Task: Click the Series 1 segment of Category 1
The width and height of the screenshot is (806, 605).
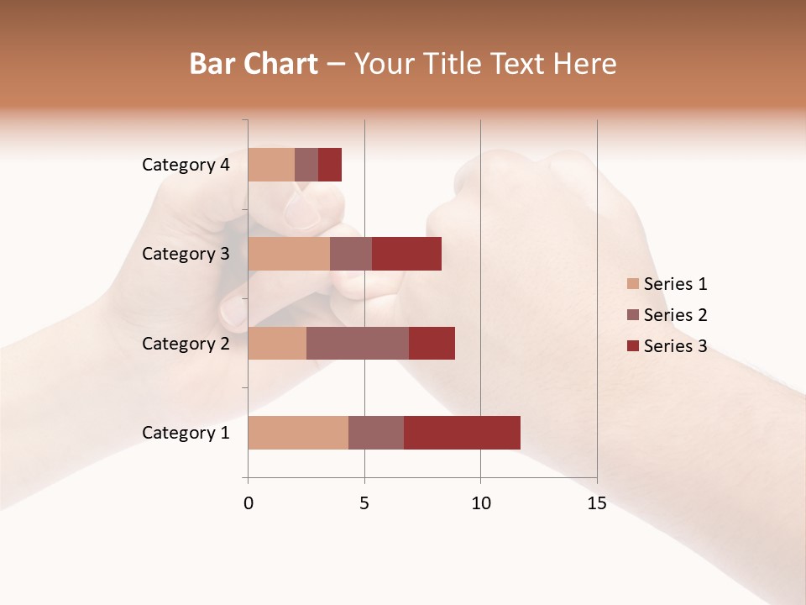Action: coord(298,433)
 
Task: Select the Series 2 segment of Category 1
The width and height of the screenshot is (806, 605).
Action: coord(376,433)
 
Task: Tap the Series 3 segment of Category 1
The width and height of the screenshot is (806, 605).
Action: coord(462,433)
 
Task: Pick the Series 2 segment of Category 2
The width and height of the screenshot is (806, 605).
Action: coord(358,343)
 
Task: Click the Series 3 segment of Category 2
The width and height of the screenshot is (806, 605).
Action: coord(432,343)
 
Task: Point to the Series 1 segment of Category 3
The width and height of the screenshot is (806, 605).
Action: coord(289,254)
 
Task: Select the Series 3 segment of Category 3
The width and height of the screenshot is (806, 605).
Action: coord(406,254)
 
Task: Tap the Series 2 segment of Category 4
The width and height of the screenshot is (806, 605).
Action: coord(306,165)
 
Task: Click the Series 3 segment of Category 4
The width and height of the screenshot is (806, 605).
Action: coord(330,165)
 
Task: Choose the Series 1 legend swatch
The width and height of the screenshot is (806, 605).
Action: coord(632,284)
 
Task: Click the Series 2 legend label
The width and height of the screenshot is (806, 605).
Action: coord(675,315)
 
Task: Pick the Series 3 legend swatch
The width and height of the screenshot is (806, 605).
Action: coord(632,346)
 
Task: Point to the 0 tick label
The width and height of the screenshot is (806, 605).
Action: coord(249,503)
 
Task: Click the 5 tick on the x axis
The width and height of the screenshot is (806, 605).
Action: coord(364,503)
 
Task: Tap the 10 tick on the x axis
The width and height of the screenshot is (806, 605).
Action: coord(480,503)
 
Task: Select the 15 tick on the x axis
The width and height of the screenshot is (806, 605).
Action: coord(596,503)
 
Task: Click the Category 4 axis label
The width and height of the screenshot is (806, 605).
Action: coord(186,165)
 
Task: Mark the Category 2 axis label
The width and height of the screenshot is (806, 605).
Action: coord(186,343)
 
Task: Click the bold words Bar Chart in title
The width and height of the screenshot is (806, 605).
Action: coord(254,64)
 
